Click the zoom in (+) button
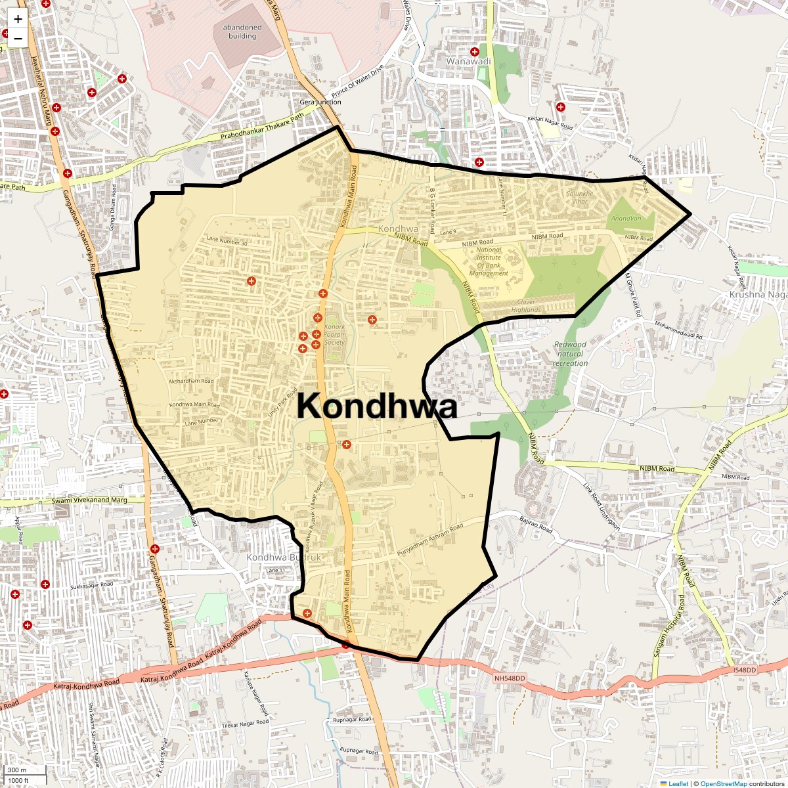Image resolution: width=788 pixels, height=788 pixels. [x=18, y=19]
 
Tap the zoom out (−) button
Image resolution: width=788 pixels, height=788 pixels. [x=18, y=38]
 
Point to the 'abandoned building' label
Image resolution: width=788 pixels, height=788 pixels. [x=242, y=32]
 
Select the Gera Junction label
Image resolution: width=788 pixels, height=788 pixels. [x=320, y=102]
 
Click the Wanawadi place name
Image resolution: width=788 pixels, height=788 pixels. [x=468, y=61]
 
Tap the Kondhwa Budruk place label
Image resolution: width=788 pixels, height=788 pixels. [x=284, y=558]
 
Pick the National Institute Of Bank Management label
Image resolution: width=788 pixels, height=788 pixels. [x=489, y=261]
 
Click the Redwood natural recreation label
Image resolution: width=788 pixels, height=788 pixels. [x=570, y=353]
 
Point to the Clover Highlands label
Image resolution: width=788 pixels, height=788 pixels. [x=526, y=305]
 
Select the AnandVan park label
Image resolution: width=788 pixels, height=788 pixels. [x=625, y=217]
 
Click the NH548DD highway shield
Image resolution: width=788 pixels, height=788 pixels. [x=510, y=677]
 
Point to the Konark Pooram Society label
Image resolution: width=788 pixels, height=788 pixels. [x=334, y=334]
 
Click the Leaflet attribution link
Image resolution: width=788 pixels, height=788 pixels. [x=678, y=783]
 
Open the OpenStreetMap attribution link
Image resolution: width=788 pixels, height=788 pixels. [x=723, y=783]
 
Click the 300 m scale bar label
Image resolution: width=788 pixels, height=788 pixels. [x=18, y=770]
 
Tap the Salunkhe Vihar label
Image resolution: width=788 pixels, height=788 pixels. [x=580, y=197]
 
